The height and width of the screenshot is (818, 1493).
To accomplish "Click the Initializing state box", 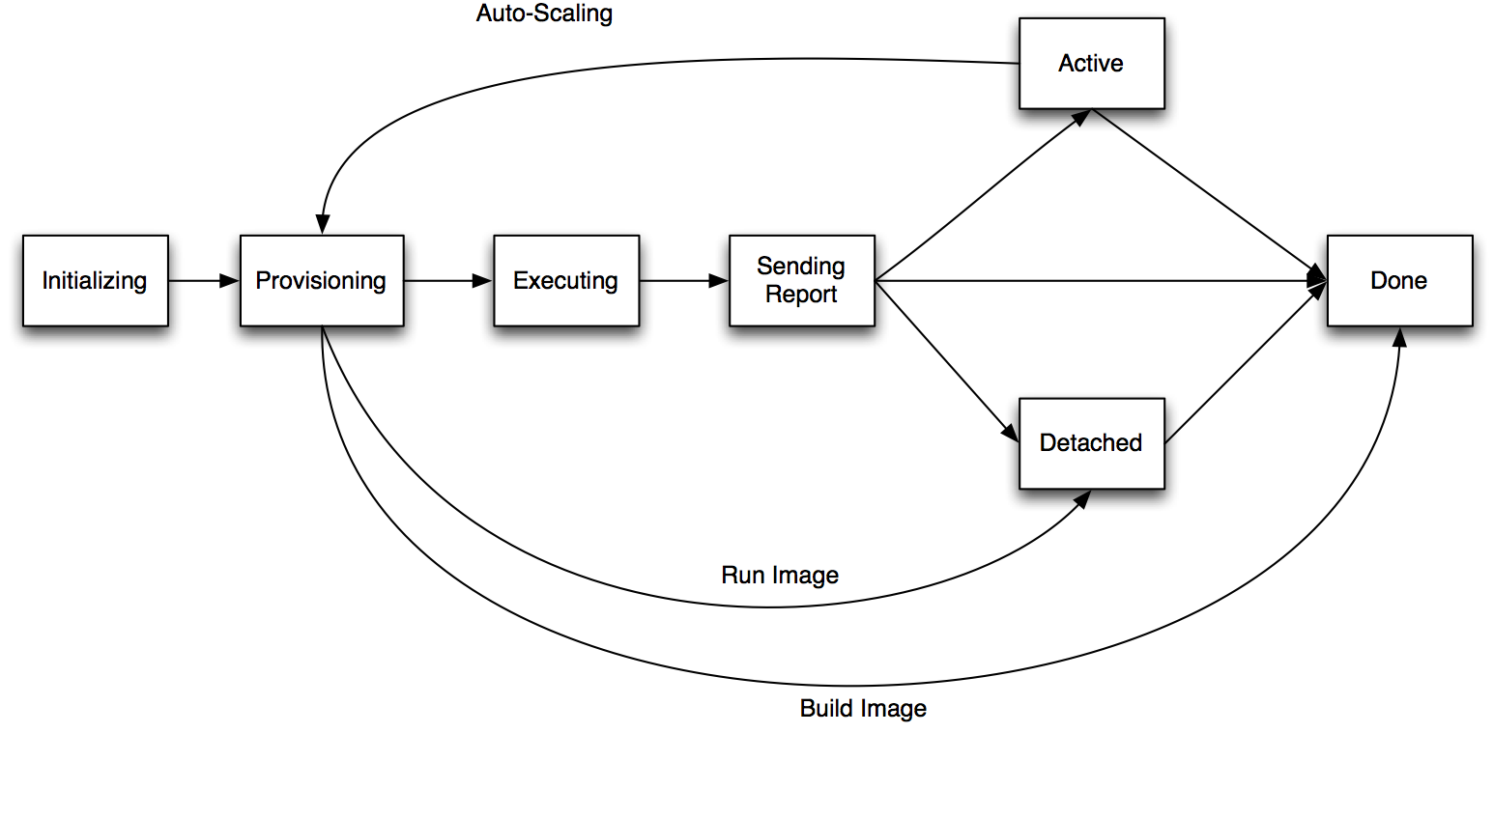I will point(95,280).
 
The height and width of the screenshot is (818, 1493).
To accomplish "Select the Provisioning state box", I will point(321,280).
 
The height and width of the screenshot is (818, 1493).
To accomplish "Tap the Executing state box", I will point(565,280).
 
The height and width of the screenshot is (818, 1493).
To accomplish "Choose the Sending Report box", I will point(801,280).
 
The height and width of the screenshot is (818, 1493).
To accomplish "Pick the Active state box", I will point(1091,63).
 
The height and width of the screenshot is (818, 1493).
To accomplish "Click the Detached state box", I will point(1091,442).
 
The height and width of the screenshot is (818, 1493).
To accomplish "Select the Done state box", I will point(1398,280).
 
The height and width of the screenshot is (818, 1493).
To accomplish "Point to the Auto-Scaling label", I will point(544,14).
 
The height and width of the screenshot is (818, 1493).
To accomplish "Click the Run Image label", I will point(780,575).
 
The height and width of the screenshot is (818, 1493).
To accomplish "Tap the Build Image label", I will point(863,708).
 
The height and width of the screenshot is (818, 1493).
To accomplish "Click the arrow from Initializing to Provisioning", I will point(203,281).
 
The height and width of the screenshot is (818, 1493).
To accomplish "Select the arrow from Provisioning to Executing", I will point(447,281).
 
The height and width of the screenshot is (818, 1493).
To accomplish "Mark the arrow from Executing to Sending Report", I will point(683,281).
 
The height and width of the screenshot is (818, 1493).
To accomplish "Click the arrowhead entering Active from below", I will point(1081,117).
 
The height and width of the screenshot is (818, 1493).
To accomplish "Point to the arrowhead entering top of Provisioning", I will point(323,224).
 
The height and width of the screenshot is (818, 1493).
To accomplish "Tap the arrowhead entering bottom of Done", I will point(1398,337).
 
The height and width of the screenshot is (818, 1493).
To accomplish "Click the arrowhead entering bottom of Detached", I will point(1081,499).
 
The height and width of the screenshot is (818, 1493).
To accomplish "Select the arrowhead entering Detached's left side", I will point(1011,433).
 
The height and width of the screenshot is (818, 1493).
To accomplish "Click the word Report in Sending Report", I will point(801,295).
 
